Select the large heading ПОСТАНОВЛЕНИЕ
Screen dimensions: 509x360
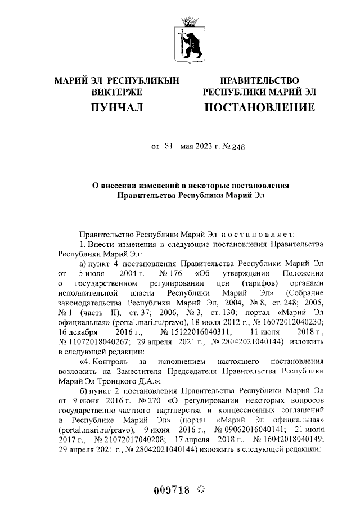259,107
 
